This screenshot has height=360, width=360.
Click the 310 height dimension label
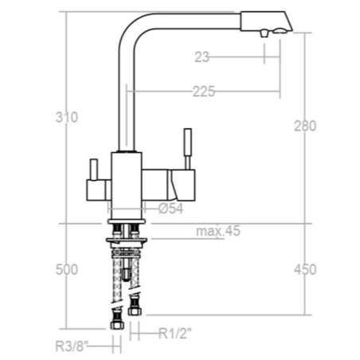67,117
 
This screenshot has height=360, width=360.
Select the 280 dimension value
305,126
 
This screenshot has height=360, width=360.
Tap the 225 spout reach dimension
204,92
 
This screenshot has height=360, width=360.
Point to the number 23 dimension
202,57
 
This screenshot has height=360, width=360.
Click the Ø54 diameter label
171,209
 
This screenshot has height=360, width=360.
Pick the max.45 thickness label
218,231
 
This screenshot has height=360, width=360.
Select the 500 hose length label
67,270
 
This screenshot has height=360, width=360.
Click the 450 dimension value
305,269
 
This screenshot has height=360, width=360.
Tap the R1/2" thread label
175,334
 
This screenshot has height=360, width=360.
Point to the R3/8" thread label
72,346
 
